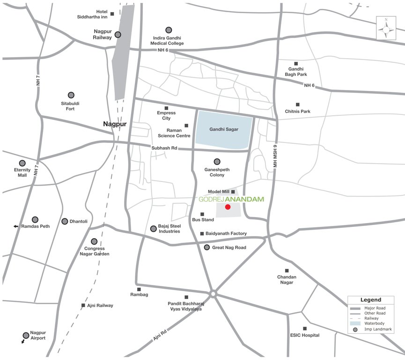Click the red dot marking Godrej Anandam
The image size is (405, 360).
click(228, 207)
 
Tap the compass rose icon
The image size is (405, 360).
click(386, 29)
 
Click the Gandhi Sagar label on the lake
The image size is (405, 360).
click(224, 129)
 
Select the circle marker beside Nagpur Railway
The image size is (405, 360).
click(118, 34)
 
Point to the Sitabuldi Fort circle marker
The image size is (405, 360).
click(71, 95)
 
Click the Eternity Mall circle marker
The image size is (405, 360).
click(22, 163)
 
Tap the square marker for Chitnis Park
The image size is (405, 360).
click(297, 105)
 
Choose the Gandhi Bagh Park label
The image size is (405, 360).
click(296, 71)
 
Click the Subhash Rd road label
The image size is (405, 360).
click(164, 148)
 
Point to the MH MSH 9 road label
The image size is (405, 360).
click(276, 154)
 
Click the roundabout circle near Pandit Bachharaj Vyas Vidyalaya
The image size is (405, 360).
click(213, 294)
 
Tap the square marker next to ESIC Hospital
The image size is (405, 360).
click(304, 329)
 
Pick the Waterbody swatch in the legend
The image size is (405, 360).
click(355, 323)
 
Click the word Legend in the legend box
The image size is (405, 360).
click(370, 300)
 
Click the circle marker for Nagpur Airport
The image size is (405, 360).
click(26, 335)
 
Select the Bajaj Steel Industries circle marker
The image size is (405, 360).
click(153, 229)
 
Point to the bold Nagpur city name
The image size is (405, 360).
click(115, 124)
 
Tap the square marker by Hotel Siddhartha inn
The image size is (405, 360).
click(112, 12)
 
